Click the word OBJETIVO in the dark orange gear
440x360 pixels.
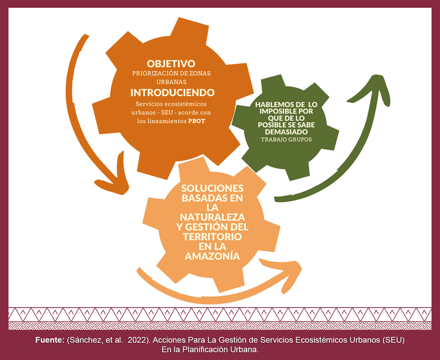(171, 64)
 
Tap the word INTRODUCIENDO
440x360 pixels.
(173, 92)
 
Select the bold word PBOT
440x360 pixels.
(197, 121)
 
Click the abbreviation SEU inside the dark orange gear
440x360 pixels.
(167, 112)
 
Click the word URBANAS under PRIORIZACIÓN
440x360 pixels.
(172, 82)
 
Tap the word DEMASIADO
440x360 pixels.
(286, 132)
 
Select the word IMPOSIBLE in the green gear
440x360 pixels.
(276, 111)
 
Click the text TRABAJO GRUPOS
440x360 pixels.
(286, 140)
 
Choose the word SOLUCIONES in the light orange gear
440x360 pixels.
(213, 188)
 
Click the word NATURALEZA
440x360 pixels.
(213, 217)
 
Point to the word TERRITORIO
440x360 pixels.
(213, 237)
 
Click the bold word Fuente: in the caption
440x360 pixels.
(50, 340)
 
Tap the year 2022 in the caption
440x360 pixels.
(137, 340)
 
